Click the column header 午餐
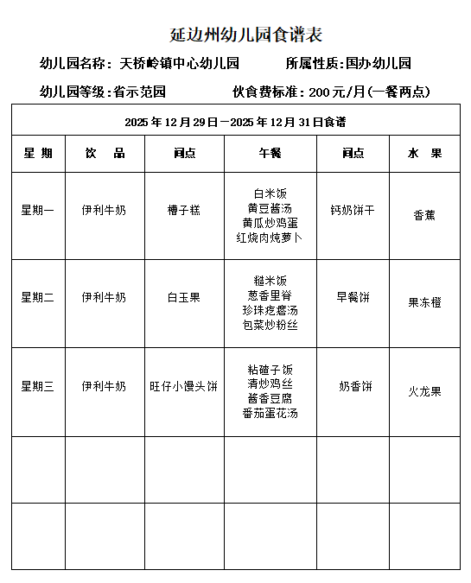pos(270,154)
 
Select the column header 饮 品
pos(105,154)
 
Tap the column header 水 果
pos(424,154)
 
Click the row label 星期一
pos(38,210)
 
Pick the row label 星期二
pos(38,297)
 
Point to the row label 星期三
pos(38,386)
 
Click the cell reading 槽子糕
pos(183,210)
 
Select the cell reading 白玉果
pos(183,297)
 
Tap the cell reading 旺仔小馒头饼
pos(183,386)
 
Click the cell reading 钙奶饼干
pos(353,210)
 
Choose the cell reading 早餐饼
pos(353,297)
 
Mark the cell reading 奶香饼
pos(355,386)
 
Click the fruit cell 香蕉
pos(424,216)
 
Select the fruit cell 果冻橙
pos(424,303)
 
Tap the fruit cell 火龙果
pos(424,391)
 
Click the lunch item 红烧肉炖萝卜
pos(270,238)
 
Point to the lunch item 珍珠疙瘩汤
pos(270,310)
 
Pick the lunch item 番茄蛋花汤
pos(270,414)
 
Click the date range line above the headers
pos(236,122)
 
